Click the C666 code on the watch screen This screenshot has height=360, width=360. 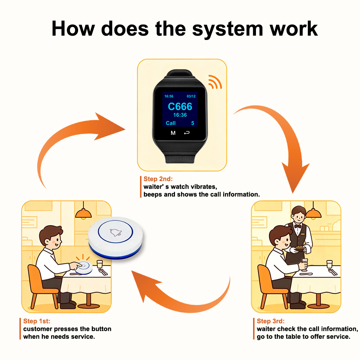pos(180,107)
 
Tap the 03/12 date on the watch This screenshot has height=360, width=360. pos(191,96)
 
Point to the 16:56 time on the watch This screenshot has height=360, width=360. pos(169,96)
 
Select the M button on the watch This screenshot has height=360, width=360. pos(173,133)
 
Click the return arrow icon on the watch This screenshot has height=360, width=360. pos(187,133)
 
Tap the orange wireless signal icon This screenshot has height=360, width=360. pos(215,82)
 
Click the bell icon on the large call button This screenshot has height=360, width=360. pos(116,232)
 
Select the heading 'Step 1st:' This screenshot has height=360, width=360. pos(36,321)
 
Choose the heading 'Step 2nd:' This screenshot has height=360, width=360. pos(158,179)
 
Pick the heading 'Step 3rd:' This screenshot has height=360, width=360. pos(270,321)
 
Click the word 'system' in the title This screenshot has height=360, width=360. pos(228,30)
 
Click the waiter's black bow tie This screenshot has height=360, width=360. pos(298,226)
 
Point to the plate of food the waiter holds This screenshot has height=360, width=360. pos(300,248)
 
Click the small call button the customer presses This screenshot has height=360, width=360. pos(84,267)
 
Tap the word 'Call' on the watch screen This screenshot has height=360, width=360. pos(171,123)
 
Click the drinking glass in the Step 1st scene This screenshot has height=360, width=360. pos(100,264)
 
